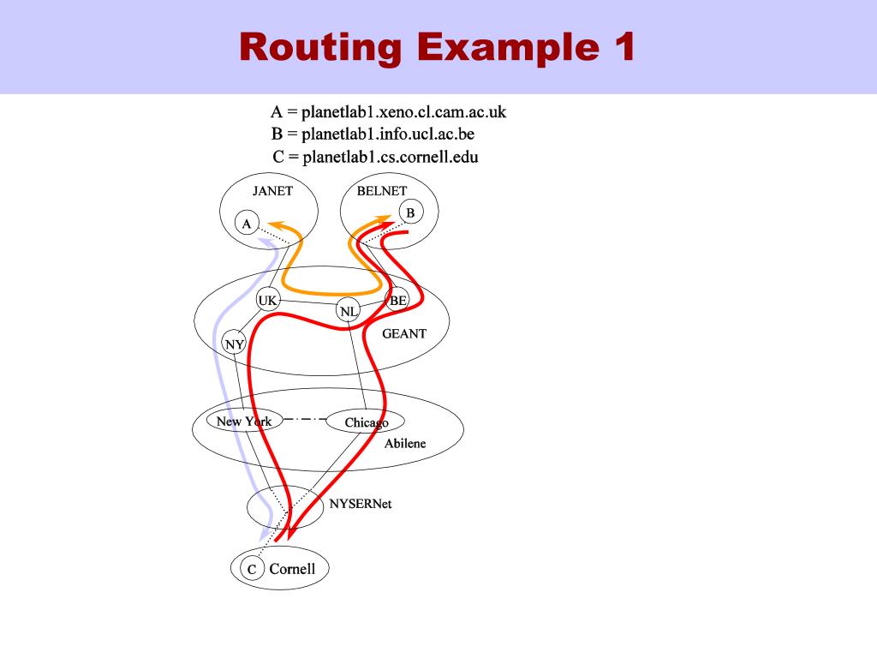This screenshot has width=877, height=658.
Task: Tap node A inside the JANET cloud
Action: (247, 224)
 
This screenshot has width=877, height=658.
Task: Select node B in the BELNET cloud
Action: (410, 212)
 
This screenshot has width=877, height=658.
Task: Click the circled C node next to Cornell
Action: (252, 569)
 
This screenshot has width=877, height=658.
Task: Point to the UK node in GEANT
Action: (268, 300)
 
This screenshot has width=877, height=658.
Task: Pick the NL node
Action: (348, 311)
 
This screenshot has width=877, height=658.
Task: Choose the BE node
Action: (397, 300)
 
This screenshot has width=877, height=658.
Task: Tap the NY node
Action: (234, 344)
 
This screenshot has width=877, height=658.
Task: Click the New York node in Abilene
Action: (244, 421)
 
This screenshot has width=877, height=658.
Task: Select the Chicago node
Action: (366, 422)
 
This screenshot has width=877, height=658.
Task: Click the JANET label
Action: (272, 191)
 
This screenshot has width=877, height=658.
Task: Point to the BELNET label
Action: (382, 191)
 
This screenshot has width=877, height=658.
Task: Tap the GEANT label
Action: (403, 333)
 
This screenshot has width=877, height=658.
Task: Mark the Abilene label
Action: (404, 444)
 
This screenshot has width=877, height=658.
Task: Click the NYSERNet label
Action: (361, 504)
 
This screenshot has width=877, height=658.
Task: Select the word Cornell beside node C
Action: (292, 569)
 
